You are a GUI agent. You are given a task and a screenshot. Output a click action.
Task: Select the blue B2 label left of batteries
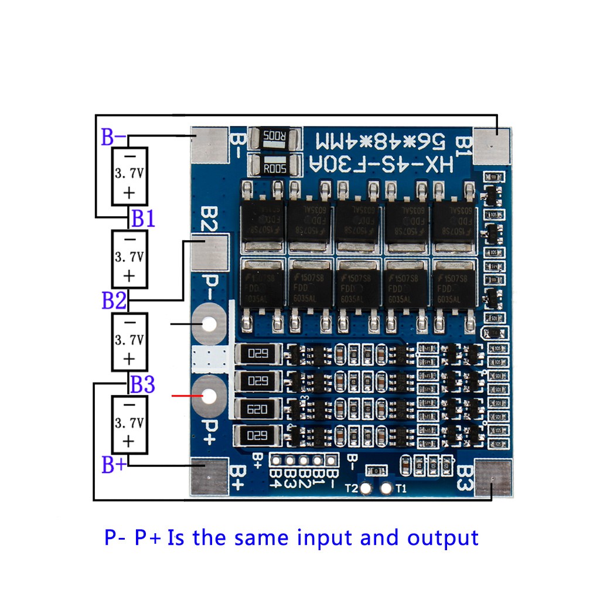click(x=114, y=301)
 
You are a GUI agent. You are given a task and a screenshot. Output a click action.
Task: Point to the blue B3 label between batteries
click(x=142, y=385)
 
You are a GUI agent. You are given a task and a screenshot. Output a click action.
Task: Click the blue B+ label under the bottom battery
click(x=114, y=466)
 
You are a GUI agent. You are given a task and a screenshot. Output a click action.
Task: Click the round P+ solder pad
click(x=209, y=397)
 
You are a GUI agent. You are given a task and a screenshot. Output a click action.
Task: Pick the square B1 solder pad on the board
click(x=493, y=145)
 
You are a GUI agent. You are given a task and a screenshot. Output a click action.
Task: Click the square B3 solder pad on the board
click(x=493, y=478)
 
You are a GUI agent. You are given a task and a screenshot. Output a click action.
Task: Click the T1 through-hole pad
click(x=386, y=488)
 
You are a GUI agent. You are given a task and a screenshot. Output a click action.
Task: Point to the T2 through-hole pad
click(x=366, y=488)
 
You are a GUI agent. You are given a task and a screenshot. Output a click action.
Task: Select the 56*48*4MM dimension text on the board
click(x=380, y=141)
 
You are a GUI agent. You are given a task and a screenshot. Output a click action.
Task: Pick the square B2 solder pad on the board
click(x=209, y=253)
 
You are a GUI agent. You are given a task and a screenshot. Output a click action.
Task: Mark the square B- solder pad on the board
click(x=209, y=145)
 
